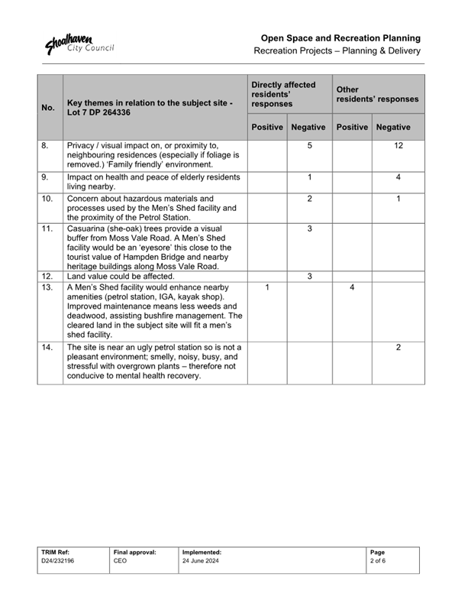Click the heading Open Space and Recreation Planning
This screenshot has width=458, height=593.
(x=340, y=37)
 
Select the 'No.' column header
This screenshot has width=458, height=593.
(x=47, y=107)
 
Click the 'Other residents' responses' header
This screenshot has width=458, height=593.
(x=377, y=94)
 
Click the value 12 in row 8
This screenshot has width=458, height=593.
(x=398, y=145)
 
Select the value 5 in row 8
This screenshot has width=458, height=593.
(x=309, y=145)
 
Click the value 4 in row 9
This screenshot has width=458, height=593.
(x=398, y=177)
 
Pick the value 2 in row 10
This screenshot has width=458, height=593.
(x=309, y=199)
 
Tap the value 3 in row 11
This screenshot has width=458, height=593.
(x=309, y=229)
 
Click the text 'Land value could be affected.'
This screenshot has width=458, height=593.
(x=121, y=276)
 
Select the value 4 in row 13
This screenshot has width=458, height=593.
(x=352, y=287)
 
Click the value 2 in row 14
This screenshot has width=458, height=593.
(x=398, y=347)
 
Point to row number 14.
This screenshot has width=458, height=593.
(x=47, y=347)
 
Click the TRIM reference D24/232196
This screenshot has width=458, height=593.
(x=58, y=560)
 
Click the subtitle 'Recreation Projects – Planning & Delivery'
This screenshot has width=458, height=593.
(x=337, y=51)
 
